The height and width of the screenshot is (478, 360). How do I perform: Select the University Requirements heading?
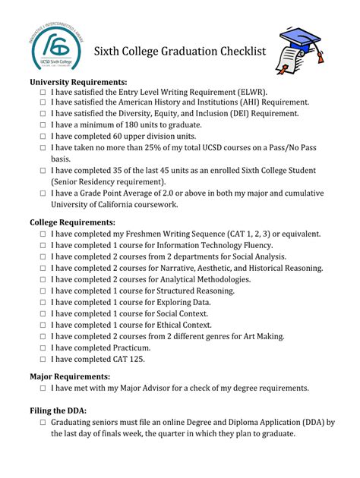click(78, 82)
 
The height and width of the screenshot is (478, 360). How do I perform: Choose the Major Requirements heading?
click(70, 376)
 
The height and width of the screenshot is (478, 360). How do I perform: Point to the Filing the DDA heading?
click(58, 410)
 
